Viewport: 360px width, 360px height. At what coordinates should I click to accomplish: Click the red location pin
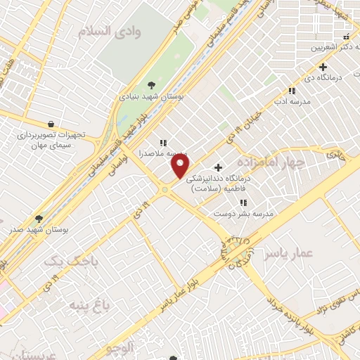(181, 166)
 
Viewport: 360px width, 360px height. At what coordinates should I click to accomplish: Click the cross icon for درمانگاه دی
(323, 67)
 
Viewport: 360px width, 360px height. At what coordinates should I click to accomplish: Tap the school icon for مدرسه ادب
(292, 91)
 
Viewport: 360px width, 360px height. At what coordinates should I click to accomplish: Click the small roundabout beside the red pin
(165, 189)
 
